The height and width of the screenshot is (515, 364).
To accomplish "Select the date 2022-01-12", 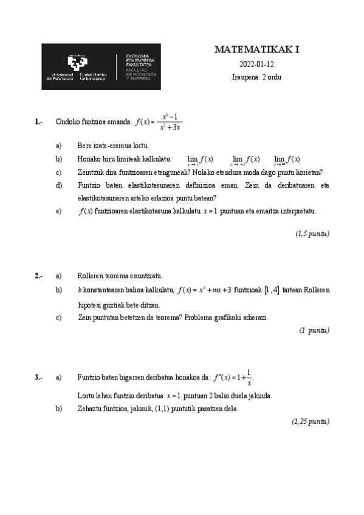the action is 257,64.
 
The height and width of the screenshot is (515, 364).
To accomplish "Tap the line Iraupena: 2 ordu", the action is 257,77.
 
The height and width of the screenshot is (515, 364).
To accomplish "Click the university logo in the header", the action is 101,67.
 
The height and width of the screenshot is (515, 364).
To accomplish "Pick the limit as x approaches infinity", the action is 287,160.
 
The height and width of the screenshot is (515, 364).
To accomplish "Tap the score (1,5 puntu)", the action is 312,233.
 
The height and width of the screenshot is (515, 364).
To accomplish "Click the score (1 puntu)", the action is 314,330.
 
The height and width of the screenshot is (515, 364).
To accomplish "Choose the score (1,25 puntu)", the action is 311,421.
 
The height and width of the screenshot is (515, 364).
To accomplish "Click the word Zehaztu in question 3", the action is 91,409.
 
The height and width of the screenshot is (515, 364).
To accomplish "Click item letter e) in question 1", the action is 59,211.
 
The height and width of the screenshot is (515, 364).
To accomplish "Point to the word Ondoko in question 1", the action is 67,121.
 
